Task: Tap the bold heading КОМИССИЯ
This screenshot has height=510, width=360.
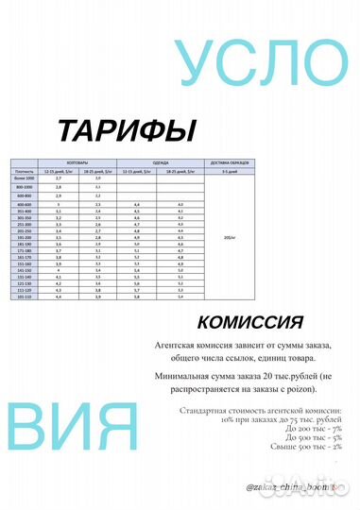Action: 250,321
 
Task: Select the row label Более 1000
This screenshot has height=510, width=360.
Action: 25,178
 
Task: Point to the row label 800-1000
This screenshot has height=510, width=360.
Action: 25,187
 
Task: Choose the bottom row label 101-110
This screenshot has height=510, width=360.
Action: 25,297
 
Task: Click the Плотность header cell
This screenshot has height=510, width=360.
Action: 25,170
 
